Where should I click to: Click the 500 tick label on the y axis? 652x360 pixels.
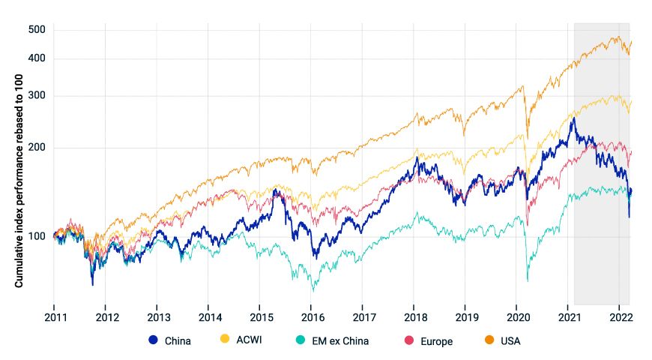click(x=37, y=30)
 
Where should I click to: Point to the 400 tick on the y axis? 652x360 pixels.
click(x=37, y=58)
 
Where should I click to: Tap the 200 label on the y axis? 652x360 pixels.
click(x=37, y=147)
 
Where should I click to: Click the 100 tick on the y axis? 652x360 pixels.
click(x=37, y=236)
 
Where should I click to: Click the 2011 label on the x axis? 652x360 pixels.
click(x=55, y=316)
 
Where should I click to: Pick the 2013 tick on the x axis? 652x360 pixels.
click(x=157, y=316)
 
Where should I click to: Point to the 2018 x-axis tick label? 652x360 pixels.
click(x=414, y=316)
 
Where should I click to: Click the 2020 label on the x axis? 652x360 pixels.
click(x=517, y=316)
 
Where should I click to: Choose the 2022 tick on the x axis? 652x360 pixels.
click(x=619, y=316)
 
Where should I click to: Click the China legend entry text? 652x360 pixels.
click(x=177, y=341)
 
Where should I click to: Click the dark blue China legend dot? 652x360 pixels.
click(x=154, y=341)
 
